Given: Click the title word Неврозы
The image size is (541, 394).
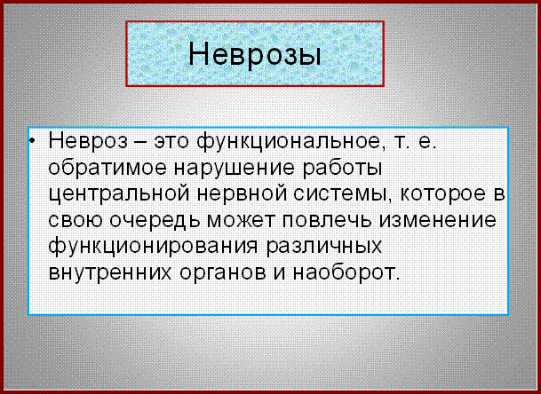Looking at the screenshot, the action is pos(255,55).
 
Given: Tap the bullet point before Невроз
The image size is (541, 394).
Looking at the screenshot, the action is pos(32,141).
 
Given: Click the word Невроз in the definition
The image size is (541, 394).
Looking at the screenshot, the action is pos(88,141).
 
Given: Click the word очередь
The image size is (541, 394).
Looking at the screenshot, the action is pos(155,221).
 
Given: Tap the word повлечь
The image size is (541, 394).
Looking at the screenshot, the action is pos(327,221).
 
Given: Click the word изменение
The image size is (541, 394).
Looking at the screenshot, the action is pos(438,221).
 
